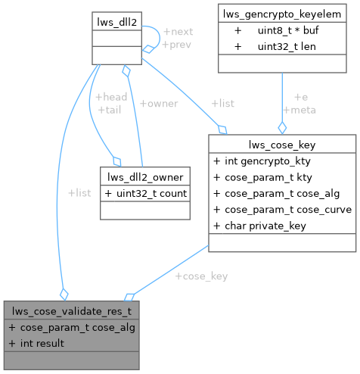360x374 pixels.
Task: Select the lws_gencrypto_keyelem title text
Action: pos(282,12)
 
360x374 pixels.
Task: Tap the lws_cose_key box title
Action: pos(281,143)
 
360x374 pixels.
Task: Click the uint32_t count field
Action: pos(146,193)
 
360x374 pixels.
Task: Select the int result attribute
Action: pos(38,343)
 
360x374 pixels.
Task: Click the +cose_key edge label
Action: pos(201,276)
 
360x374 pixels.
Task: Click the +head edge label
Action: pos(111,96)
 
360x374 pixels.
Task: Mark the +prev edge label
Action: pos(177,45)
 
